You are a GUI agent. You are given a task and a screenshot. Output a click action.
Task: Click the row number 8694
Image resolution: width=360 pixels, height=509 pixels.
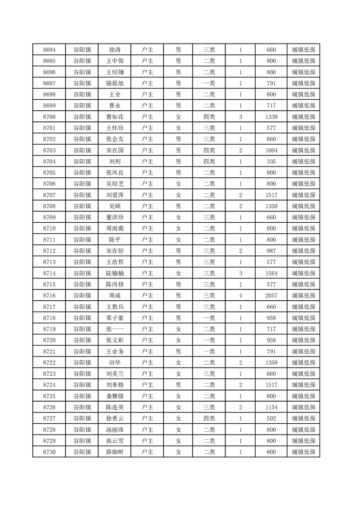pos(49,50)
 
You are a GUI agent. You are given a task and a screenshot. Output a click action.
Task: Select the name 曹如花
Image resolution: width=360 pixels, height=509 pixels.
pos(114,117)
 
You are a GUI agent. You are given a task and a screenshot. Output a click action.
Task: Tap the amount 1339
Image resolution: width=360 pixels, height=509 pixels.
pos(271,117)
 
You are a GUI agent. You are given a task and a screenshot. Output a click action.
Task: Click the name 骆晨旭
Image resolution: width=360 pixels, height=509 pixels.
pos(114,83)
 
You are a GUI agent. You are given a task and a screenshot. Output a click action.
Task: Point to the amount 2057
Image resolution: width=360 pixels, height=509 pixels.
pos(271,296)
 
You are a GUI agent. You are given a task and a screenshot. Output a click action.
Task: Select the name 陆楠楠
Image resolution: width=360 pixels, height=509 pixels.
pos(114,274)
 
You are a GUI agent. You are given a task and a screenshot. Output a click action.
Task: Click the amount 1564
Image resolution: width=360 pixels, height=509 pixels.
pos(271,274)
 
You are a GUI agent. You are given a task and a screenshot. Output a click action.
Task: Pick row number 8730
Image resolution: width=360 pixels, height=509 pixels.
pos(49,452)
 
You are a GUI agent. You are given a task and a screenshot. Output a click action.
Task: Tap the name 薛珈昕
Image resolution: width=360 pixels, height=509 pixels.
pos(114,452)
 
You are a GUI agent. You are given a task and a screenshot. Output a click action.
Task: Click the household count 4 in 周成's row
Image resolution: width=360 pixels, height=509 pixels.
pos(240,296)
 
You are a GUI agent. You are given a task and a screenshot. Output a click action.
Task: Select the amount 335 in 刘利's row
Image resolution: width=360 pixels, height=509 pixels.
pos(271,162)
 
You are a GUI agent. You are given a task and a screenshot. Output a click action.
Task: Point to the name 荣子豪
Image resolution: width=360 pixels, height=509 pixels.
pos(114,318)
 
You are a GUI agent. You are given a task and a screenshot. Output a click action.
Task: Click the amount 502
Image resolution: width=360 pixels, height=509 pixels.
pos(271,418)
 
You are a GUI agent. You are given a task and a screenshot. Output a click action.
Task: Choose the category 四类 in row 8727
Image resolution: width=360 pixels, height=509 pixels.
pos(209,418)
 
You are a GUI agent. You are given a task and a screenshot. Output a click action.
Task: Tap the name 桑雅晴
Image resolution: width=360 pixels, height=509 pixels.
pos(114,396)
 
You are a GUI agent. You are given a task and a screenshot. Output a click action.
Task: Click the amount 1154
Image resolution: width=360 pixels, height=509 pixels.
pos(271,407)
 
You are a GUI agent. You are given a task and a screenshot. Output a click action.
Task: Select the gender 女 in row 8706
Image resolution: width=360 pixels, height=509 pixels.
pos(178,184)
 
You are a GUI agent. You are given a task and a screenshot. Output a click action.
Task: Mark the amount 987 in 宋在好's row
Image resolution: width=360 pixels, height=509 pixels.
pos(271,251)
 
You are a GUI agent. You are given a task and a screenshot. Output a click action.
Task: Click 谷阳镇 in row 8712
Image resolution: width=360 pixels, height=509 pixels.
pos(82,251)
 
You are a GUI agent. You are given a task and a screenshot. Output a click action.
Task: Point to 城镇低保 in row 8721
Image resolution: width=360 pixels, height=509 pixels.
pos(303,352)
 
